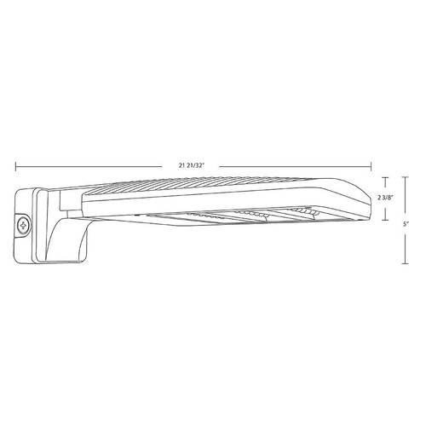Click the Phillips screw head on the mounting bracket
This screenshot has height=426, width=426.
pyautogui.click(x=22, y=226)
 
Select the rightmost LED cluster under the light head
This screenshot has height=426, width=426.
pyautogui.click(x=302, y=210)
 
